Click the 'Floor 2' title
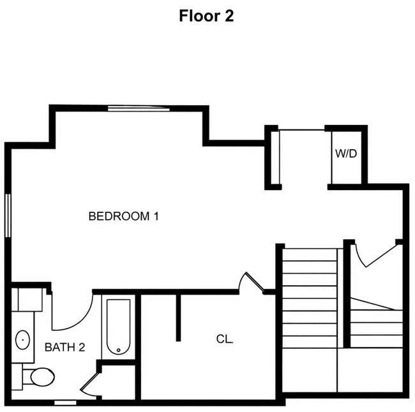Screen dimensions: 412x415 pyautogui.click(x=206, y=16)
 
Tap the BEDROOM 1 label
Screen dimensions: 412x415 pyautogui.click(x=123, y=216)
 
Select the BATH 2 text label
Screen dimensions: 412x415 pyautogui.click(x=64, y=348)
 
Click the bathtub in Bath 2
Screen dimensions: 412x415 pyautogui.click(x=118, y=326)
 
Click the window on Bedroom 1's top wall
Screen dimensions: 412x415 pyautogui.click(x=139, y=109)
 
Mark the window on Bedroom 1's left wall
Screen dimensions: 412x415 pyautogui.click(x=8, y=216)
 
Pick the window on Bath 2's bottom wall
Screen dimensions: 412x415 pyautogui.click(x=64, y=402)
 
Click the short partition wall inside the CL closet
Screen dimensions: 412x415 pyautogui.click(x=178, y=317)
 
